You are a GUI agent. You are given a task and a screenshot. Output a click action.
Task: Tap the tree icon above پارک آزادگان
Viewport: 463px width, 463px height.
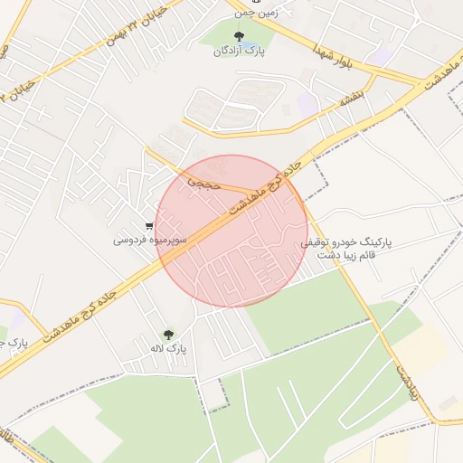tap(239, 36)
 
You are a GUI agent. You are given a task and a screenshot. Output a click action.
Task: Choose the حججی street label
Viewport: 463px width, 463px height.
tap(197, 181)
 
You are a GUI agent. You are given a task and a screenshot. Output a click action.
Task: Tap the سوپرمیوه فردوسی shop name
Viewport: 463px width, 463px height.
tap(150, 241)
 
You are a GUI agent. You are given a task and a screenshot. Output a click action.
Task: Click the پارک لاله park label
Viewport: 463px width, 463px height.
tap(169, 348)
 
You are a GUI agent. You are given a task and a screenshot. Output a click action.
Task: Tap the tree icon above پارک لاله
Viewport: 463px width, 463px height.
tap(166, 334)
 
